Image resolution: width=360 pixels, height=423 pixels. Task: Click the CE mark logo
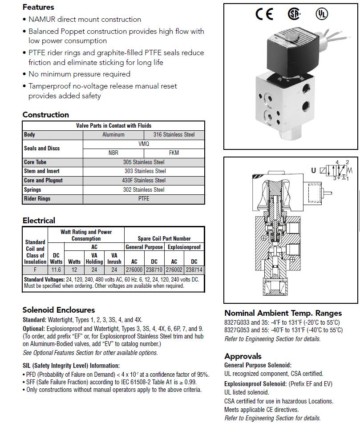pyautogui.click(x=264, y=14)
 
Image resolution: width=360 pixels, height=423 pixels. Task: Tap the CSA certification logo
pyautogui.click(x=294, y=14)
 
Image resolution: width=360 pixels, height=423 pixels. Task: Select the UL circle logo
pyautogui.click(x=321, y=14)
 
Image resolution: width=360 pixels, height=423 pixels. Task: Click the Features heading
pyautogui.click(x=38, y=7)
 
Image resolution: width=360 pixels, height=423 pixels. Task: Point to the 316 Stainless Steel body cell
pyautogui.click(x=174, y=134)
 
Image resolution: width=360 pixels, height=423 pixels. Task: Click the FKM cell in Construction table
pyautogui.click(x=174, y=153)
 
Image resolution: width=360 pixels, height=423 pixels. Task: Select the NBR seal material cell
pyautogui.click(x=113, y=153)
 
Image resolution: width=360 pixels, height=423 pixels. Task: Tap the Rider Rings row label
pyautogui.click(x=37, y=199)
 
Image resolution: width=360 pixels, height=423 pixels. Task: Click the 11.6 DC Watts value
pyautogui.click(x=56, y=270)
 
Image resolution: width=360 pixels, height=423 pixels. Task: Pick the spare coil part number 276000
pyautogui.click(x=134, y=270)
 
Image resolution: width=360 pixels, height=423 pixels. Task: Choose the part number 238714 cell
pyautogui.click(x=194, y=270)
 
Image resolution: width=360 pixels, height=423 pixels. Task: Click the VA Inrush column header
pyautogui.click(x=114, y=258)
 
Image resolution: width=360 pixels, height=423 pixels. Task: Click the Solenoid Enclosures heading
pyautogui.click(x=59, y=310)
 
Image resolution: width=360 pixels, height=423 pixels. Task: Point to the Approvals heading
pyautogui.click(x=243, y=356)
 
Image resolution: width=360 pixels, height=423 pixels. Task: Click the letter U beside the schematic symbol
pyautogui.click(x=314, y=170)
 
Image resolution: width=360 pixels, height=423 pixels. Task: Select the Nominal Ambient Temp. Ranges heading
pyautogui.click(x=283, y=313)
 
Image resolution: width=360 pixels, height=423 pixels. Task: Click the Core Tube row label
pyautogui.click(x=35, y=162)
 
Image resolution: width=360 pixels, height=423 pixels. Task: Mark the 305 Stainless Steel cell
pyautogui.click(x=144, y=162)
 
